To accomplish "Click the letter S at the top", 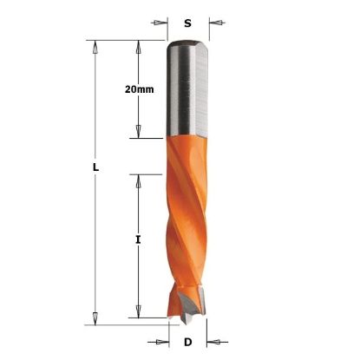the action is pos(188,23).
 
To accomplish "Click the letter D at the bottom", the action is pos(188,343).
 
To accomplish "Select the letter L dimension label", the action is pos(95,167).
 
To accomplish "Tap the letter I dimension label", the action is pos(138,239).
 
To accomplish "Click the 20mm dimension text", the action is pos(140,89).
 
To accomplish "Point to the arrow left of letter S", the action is pos(160,23).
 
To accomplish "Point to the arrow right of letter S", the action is pos(217,23).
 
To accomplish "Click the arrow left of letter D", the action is pos(158,342).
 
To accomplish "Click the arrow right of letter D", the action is pos(218,342).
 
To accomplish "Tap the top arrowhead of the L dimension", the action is pos(95,47).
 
